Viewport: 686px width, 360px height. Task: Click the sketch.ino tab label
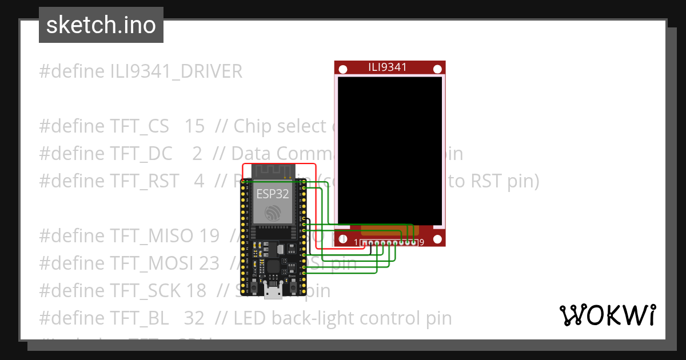101,25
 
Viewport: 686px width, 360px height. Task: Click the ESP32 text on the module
273,194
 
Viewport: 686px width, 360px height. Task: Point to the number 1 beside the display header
356,243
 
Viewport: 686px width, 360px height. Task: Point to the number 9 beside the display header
421,243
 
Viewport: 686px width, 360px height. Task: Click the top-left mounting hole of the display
343,69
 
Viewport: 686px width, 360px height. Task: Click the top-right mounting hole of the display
437,69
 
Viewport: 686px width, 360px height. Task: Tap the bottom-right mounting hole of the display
437,239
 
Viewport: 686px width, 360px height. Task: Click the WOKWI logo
608,315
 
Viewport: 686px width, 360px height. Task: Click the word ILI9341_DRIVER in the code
177,71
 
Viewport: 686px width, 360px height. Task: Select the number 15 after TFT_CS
194,126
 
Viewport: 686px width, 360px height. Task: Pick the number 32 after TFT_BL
194,318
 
